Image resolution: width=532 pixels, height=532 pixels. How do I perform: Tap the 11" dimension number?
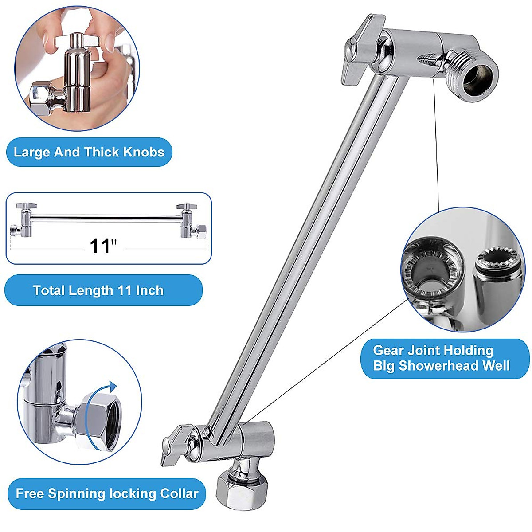click(103, 246)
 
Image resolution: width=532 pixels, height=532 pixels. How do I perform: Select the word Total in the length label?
click(49, 290)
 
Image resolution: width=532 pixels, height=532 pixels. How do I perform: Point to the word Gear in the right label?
click(388, 350)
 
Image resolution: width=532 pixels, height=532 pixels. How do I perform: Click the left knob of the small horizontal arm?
click(26, 207)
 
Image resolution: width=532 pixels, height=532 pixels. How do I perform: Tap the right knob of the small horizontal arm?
click(187, 207)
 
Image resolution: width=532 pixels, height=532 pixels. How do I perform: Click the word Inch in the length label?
click(149, 290)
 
